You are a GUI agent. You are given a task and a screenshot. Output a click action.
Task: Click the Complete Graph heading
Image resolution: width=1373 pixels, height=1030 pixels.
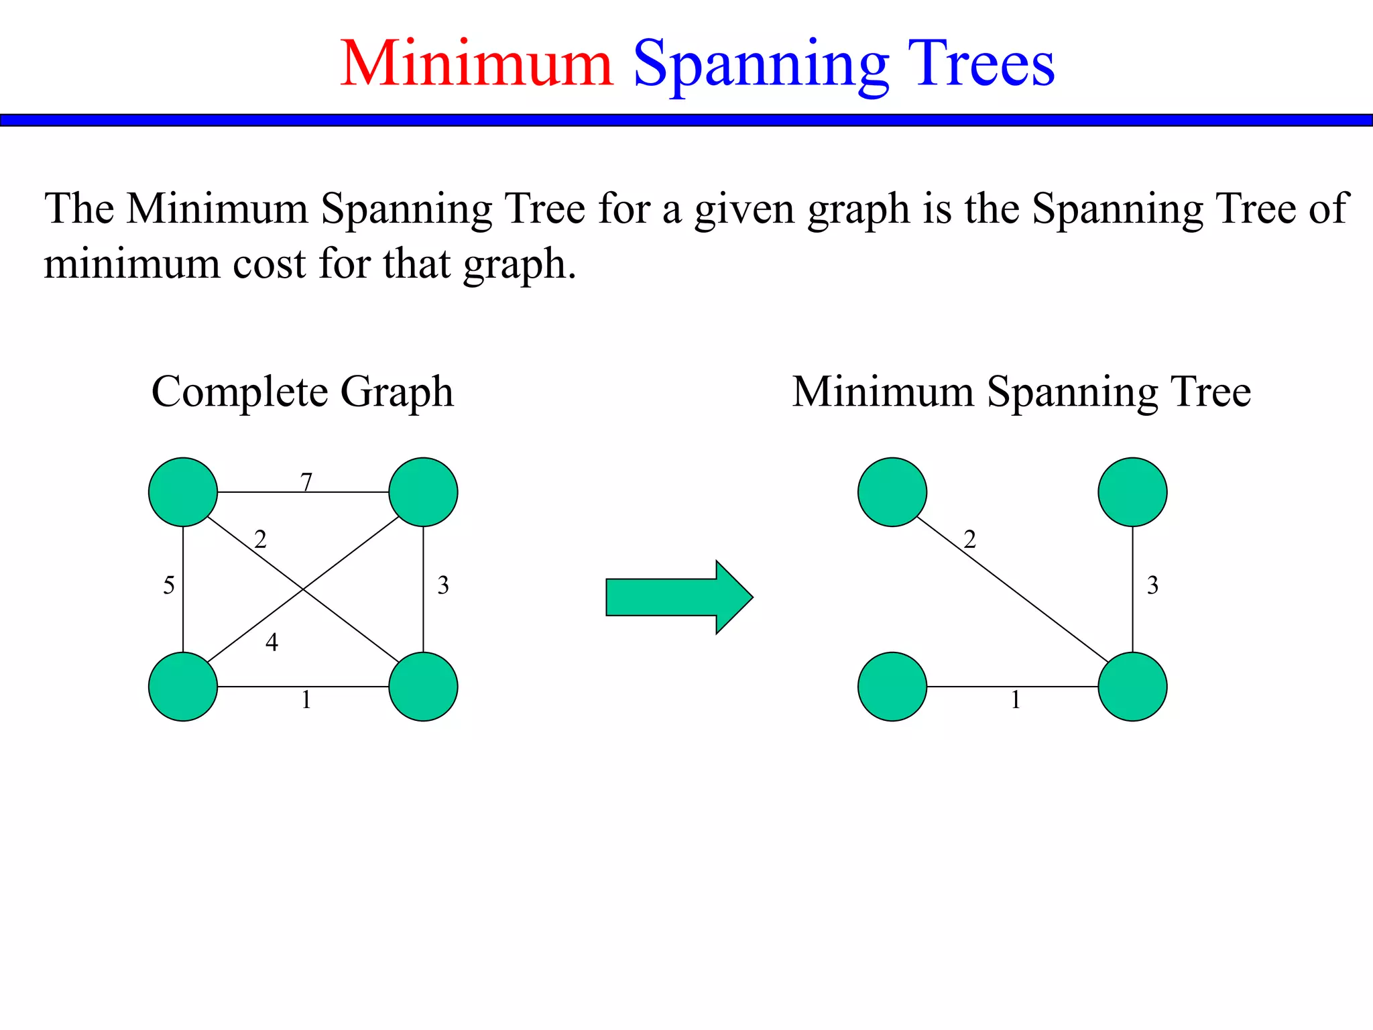302,392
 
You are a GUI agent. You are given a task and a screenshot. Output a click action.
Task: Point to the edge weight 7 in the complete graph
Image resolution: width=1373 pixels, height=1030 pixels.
306,482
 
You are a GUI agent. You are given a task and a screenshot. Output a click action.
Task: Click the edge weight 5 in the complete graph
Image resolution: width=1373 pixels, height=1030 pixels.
169,585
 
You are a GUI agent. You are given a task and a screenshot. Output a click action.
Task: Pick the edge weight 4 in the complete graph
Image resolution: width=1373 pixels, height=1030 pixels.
272,642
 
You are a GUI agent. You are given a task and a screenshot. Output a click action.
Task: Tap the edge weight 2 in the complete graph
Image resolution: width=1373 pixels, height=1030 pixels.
260,539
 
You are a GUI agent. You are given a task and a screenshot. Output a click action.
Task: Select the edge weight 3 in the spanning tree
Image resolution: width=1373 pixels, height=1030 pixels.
1152,585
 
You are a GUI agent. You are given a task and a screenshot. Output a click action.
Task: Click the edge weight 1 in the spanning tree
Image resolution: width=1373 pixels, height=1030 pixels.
1016,700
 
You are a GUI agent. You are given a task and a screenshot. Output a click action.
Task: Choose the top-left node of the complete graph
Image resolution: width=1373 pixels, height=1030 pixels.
183,492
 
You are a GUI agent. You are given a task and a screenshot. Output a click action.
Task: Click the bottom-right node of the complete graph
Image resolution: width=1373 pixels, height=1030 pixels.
423,687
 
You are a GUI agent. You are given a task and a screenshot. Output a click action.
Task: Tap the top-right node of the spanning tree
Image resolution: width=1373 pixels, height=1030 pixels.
1132,492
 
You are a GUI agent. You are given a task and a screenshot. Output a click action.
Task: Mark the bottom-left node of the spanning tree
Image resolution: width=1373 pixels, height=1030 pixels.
892,687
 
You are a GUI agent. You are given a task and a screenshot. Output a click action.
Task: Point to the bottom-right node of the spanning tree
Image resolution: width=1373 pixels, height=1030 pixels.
1132,687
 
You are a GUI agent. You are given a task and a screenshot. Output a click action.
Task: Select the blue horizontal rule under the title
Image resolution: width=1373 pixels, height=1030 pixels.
686,120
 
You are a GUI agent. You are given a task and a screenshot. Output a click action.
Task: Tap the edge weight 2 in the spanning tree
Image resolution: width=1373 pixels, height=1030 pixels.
969,539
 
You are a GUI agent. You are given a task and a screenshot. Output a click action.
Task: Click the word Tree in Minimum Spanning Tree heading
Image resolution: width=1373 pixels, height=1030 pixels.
1210,392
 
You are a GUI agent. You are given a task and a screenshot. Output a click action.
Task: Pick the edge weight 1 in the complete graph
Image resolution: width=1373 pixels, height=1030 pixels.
306,700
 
